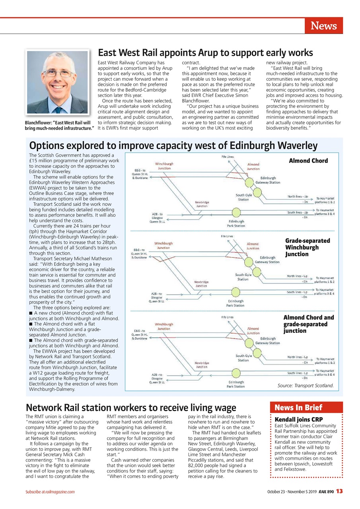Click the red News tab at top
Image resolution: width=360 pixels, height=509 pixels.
(x=323, y=26)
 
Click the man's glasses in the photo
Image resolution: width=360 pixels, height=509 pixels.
(x=58, y=74)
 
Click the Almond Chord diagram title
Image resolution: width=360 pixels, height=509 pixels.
(x=308, y=161)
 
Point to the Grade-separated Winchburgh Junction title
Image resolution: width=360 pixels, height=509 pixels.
(x=302, y=247)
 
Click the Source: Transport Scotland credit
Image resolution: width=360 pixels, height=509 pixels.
(x=305, y=386)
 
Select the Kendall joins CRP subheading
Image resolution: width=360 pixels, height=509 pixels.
(x=299, y=420)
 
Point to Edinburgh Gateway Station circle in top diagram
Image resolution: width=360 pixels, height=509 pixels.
(x=249, y=183)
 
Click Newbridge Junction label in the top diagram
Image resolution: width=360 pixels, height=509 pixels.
(x=202, y=204)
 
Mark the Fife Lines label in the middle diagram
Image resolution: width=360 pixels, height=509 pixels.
(x=227, y=237)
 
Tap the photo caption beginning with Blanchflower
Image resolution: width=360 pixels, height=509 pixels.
(x=59, y=125)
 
